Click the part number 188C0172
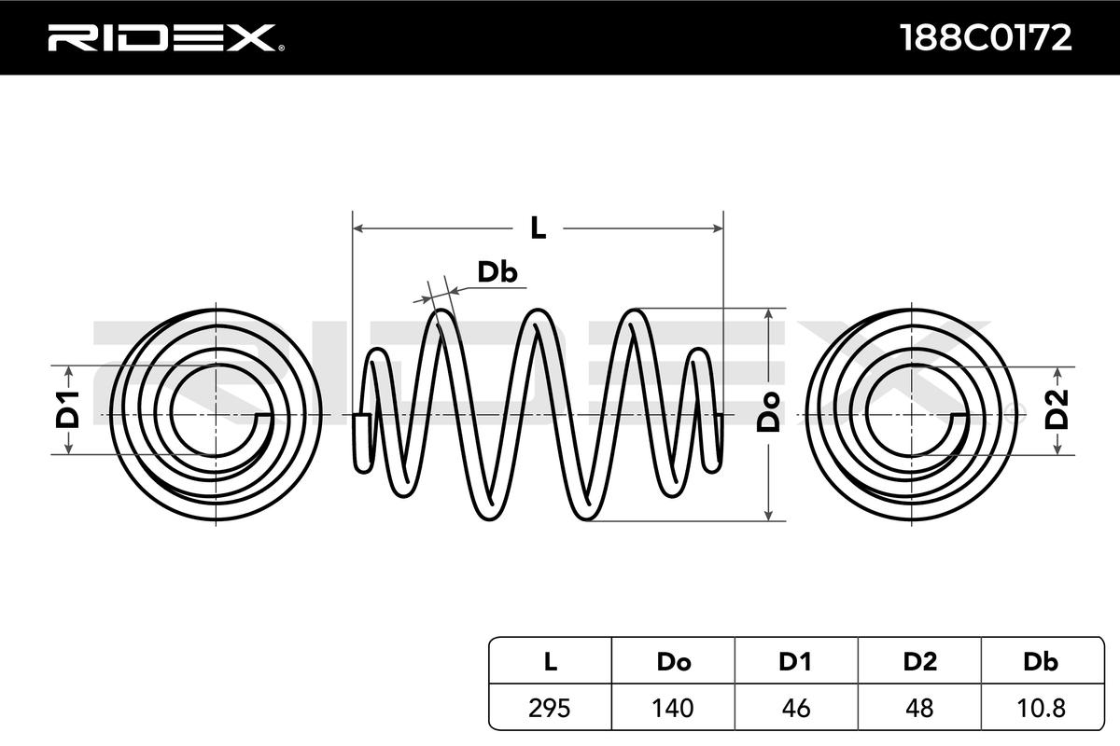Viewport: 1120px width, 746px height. (984, 37)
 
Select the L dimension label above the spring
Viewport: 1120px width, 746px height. (538, 227)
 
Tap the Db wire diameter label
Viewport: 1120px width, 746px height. (497, 271)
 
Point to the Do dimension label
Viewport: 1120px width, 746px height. (768, 411)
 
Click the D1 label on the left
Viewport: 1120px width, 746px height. (68, 411)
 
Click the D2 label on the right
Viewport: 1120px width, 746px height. (1057, 411)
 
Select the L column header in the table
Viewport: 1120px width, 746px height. (551, 663)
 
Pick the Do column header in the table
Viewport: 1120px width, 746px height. (673, 663)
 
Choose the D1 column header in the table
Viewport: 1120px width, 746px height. (796, 663)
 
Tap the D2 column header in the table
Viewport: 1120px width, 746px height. (919, 663)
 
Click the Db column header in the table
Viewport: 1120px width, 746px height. (1041, 663)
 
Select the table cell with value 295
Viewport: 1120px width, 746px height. (551, 708)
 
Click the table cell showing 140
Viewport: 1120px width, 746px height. (673, 708)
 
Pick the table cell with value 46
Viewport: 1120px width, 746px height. (796, 708)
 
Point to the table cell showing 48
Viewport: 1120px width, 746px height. (919, 708)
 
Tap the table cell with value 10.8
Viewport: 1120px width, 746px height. (1041, 708)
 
